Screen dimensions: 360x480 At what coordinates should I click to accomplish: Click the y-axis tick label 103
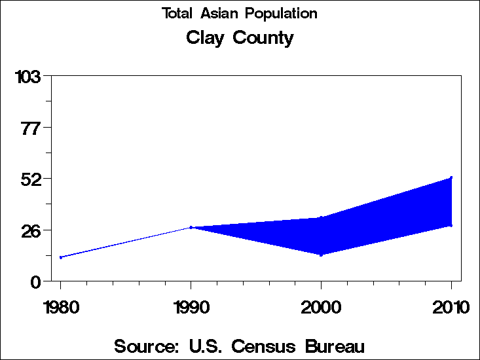(x=28, y=77)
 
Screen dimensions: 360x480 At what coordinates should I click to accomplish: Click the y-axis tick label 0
(x=37, y=281)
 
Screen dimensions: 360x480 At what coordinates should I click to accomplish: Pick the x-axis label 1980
(x=60, y=307)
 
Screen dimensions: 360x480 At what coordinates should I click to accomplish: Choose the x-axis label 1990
(x=191, y=307)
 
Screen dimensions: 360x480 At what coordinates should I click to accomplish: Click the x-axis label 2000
(x=321, y=307)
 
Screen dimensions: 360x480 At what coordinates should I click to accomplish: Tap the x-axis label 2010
(x=451, y=307)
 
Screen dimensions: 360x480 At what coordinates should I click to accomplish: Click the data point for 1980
(x=61, y=257)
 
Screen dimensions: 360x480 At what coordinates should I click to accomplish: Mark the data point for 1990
(x=191, y=227)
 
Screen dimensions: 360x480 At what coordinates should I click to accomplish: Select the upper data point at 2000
(x=321, y=217)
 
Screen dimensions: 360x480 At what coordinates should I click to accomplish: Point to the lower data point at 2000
(x=321, y=255)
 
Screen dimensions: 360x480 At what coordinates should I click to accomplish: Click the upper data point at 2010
(x=451, y=177)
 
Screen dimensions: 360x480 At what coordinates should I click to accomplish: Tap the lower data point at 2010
(x=451, y=226)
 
